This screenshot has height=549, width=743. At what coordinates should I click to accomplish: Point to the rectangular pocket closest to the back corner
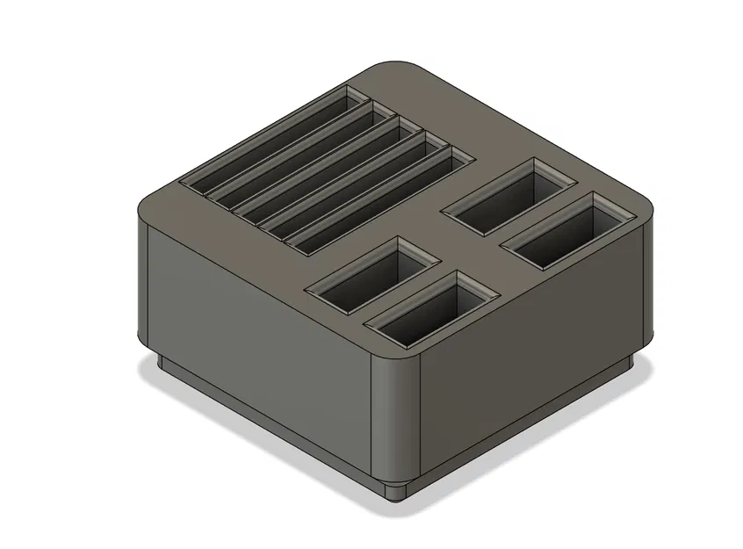pyautogui.click(x=509, y=198)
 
